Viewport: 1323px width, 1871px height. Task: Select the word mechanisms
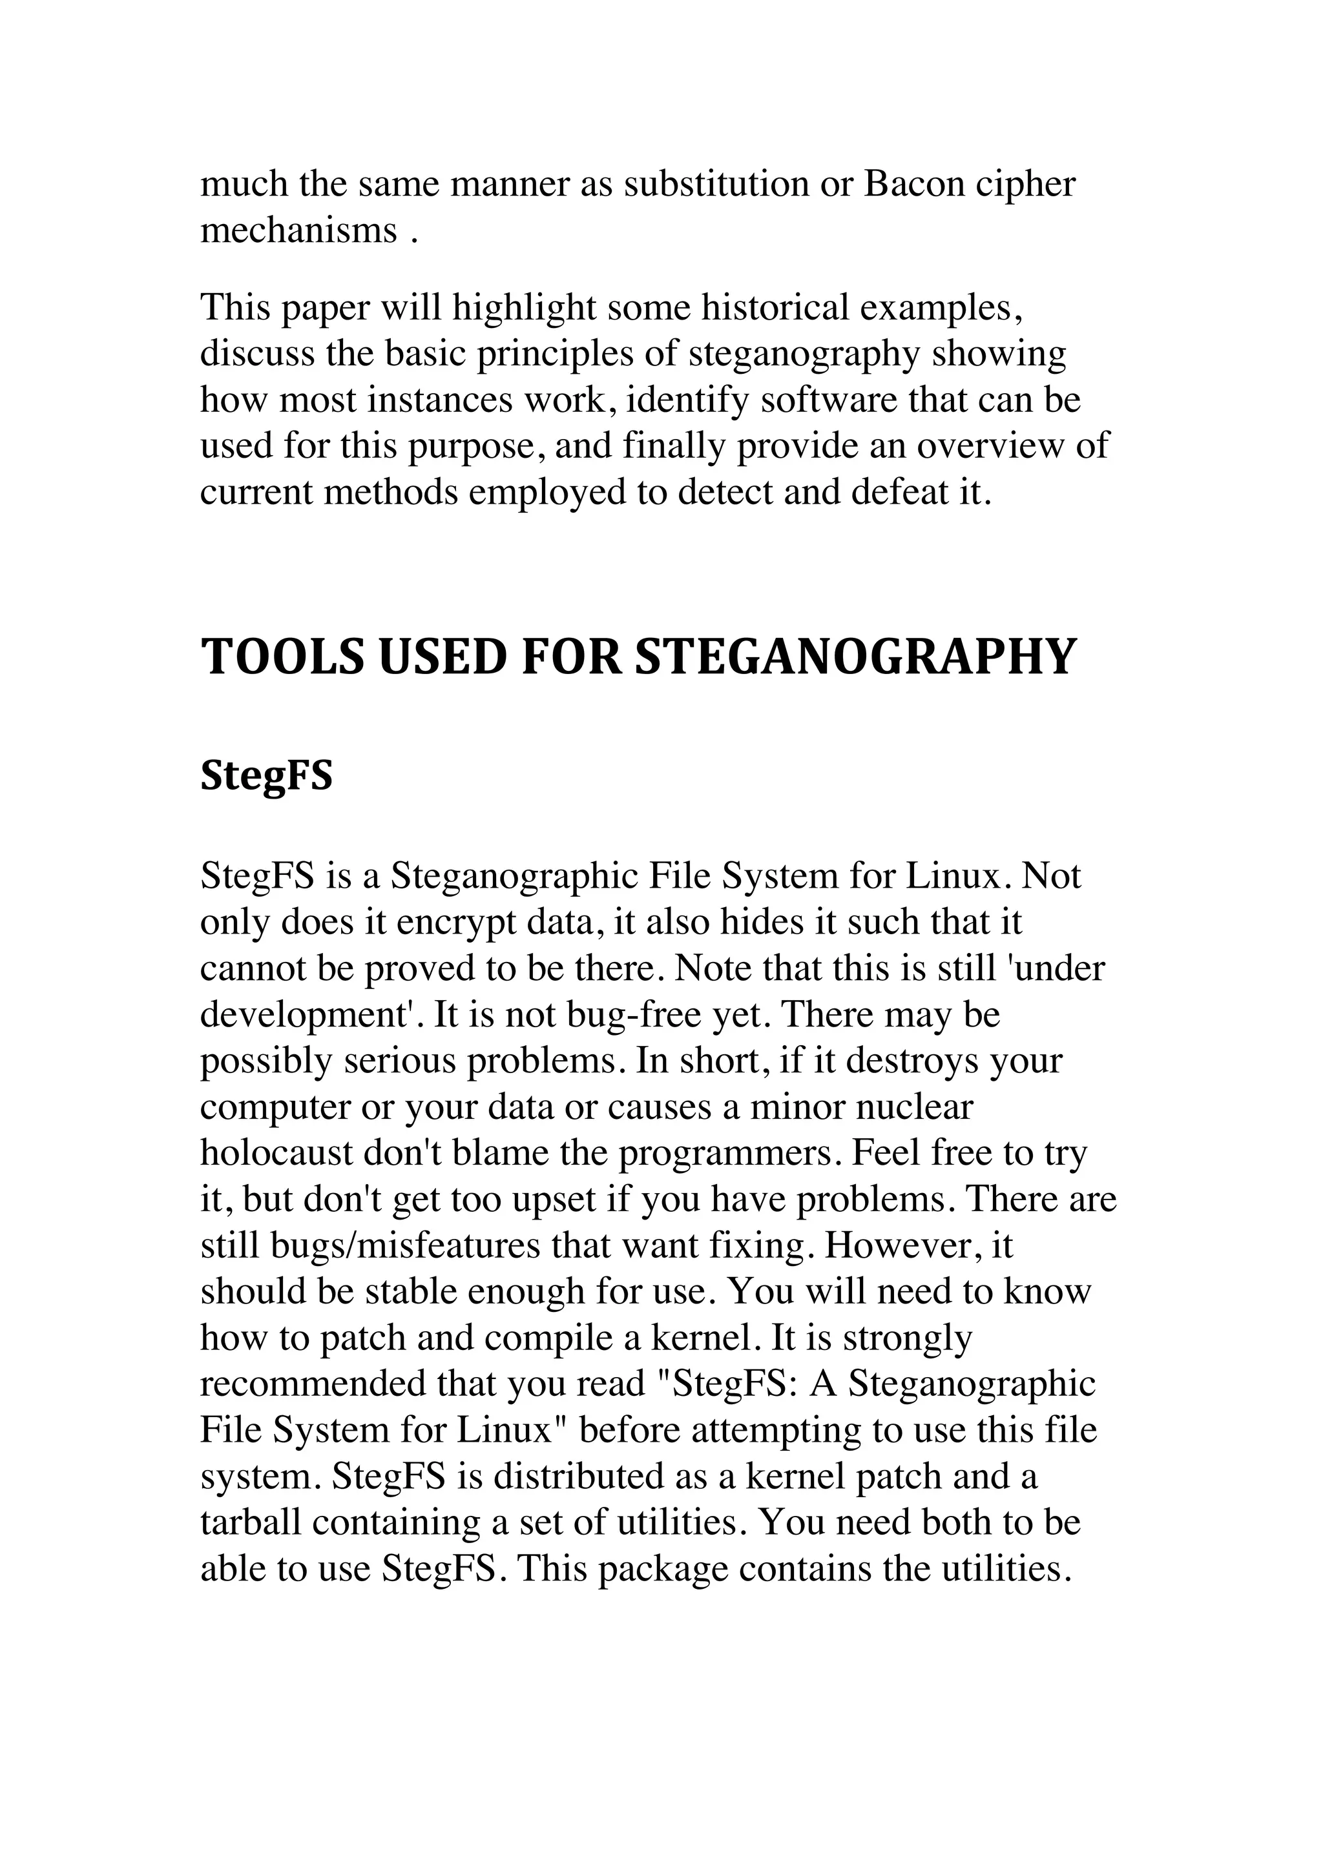click(298, 230)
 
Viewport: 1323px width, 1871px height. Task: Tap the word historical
click(776, 307)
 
